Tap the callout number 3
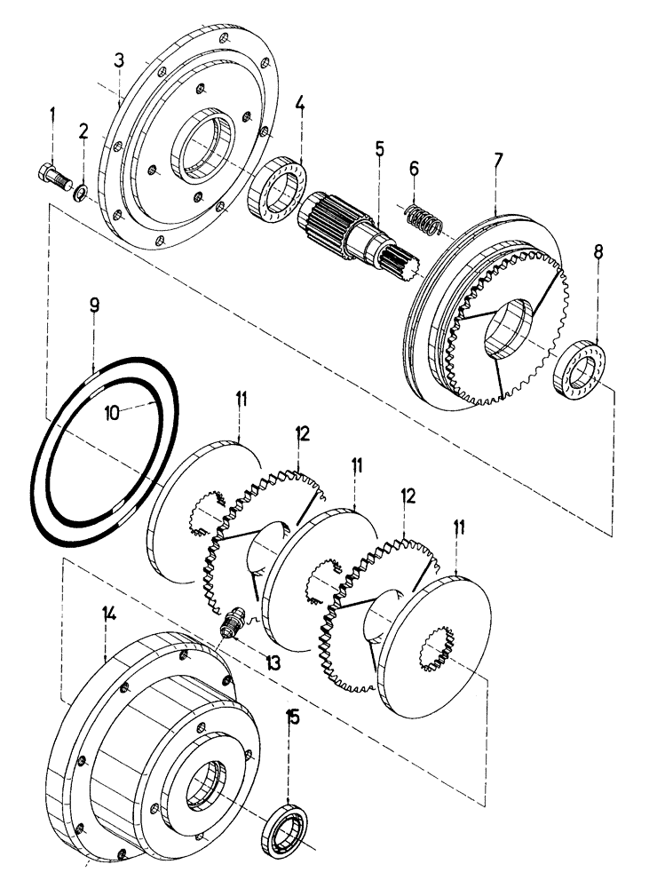[x=119, y=60]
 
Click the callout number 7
[x=498, y=161]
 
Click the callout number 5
[x=379, y=148]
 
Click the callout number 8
[x=598, y=253]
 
